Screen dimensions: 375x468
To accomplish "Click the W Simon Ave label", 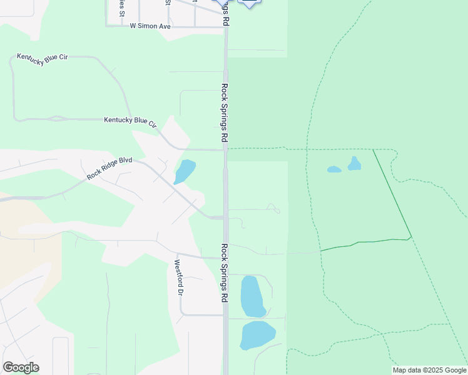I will point(150,26).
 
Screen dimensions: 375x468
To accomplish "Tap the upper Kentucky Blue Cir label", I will point(43,57).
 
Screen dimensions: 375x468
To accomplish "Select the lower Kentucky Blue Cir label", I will point(130,121).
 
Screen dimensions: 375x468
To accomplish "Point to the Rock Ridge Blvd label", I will point(109,168).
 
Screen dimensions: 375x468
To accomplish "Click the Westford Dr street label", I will point(179,277).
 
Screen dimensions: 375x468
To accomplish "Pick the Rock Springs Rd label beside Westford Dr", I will point(223,273).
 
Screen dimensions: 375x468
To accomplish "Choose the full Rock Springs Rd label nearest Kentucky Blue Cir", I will point(224,112).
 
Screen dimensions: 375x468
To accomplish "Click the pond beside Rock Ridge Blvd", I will point(185,171).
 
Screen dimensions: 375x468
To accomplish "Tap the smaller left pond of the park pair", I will point(334,169).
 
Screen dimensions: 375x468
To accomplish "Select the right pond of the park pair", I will point(355,164).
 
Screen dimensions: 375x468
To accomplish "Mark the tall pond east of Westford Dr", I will point(252,296).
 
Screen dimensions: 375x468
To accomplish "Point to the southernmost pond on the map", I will point(257,335).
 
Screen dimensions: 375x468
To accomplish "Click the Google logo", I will point(21,367).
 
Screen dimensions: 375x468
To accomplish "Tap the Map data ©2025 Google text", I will point(429,370).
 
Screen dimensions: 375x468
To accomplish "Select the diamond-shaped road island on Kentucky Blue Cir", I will point(58,118).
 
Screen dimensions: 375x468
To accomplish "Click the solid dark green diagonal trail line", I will point(392,194).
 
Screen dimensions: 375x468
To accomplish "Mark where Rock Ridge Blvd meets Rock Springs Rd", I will point(225,217).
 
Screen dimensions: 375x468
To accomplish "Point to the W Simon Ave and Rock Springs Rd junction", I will point(225,26).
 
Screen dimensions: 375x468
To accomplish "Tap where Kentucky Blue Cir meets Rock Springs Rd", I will point(225,149).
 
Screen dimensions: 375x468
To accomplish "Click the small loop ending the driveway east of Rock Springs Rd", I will point(273,207).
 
